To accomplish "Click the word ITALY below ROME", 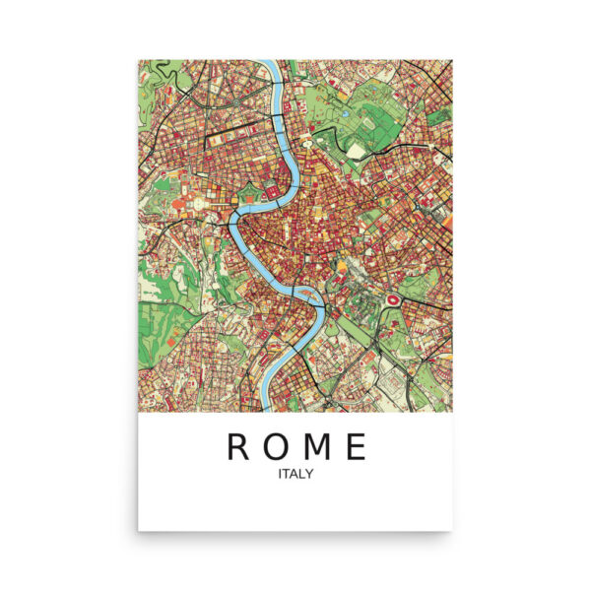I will (x=295, y=475).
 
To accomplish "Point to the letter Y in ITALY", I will (x=309, y=475).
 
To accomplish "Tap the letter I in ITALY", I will (x=281, y=475).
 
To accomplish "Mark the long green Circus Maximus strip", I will (x=360, y=325).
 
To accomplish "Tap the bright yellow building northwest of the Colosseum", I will (x=342, y=264).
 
